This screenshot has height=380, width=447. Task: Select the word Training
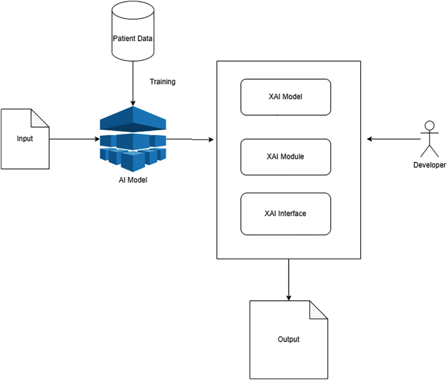coord(162,82)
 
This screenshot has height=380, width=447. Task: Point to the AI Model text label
coord(129,180)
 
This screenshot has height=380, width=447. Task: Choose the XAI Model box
coord(286,97)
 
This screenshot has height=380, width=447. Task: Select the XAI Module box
coord(286,157)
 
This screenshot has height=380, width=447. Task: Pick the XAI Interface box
coord(286,214)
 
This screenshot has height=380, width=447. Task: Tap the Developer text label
coord(429,165)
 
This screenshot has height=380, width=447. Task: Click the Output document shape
coord(288,340)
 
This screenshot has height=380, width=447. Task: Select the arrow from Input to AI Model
coord(73,139)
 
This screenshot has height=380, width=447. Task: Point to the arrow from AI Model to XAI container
coord(193,140)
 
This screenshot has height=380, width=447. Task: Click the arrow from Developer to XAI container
coord(392,139)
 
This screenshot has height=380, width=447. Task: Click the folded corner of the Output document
coord(318,310)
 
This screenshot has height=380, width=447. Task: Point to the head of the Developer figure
coord(429,125)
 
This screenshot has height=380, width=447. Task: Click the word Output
coord(288,340)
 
